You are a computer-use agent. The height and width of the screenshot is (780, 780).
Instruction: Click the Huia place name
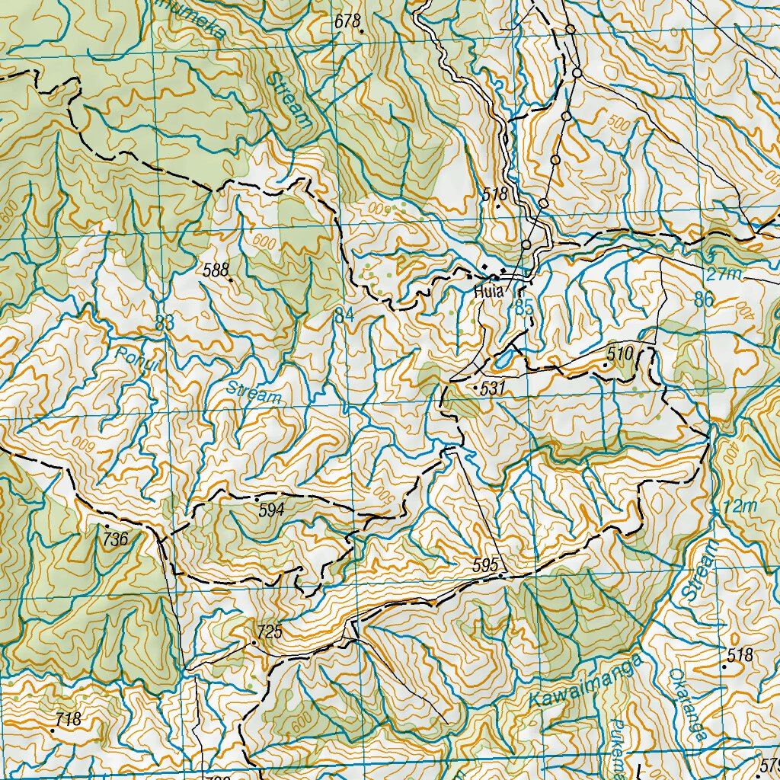click(x=485, y=291)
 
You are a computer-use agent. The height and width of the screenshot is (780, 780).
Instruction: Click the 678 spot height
click(x=347, y=21)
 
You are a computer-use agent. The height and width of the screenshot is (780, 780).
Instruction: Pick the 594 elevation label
click(x=271, y=510)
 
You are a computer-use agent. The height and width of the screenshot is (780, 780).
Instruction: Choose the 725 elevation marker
click(x=270, y=631)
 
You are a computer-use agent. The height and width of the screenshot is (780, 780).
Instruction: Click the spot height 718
click(x=68, y=718)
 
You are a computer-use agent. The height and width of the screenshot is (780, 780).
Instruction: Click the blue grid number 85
click(x=523, y=308)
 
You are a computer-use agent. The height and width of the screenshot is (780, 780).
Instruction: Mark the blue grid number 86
click(x=705, y=299)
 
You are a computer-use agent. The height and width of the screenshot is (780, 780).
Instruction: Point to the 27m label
click(x=723, y=274)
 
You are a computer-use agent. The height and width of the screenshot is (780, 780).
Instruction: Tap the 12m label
click(x=740, y=507)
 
